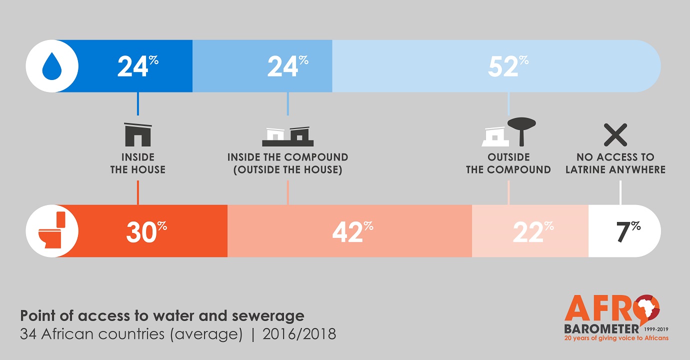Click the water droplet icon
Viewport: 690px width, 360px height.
pos(52,66)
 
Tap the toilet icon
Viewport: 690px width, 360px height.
pos(52,230)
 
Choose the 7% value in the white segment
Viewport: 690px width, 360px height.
pos(625,231)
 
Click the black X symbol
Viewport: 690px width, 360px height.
pos(615,134)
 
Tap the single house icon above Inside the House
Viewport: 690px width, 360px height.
pos(137,134)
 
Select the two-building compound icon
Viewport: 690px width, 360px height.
pos(287,135)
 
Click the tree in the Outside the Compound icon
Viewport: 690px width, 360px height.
pos(521,129)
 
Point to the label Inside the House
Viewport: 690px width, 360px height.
pos(137,163)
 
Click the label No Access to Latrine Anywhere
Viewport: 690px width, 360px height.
pos(615,163)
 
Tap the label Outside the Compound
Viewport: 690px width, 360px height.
pos(508,163)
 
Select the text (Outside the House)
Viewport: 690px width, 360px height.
pos(287,170)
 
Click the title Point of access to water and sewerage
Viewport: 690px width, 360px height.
pos(162,316)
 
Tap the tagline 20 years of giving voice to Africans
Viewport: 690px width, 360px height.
pos(616,338)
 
